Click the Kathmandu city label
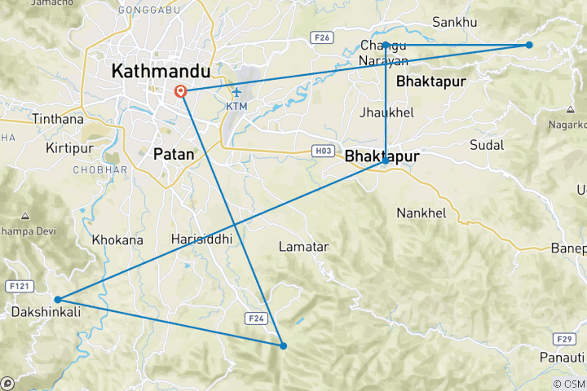coord(161,72)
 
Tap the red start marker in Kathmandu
coord(180,92)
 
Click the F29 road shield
coord(563,337)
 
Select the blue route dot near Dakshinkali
coord(58,300)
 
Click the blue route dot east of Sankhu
coord(529,45)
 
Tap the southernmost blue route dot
coord(284,345)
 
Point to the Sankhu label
coord(454,23)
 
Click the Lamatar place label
coord(303,246)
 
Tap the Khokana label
coord(117,240)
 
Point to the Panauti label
coord(563,358)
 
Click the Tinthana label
coord(57,119)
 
